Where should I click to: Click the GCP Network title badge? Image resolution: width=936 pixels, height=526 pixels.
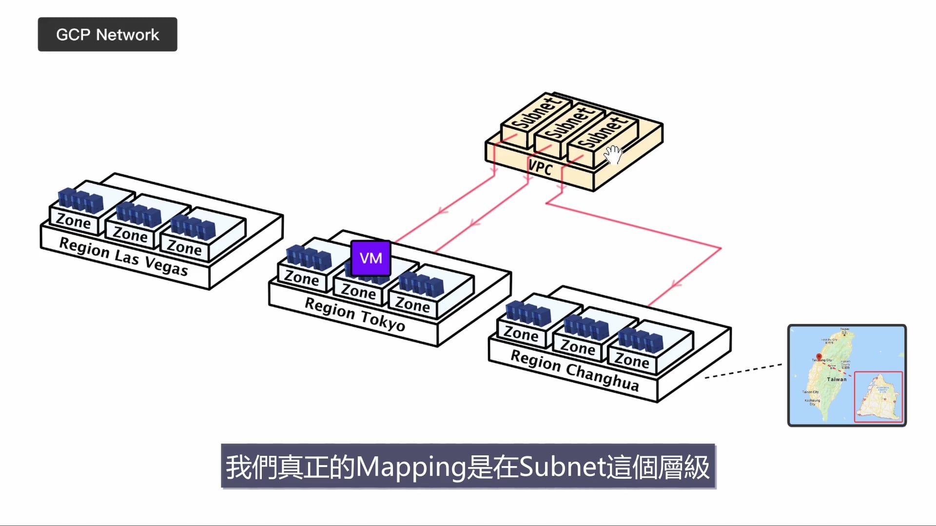point(107,35)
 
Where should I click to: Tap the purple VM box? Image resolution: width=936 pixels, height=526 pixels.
point(370,258)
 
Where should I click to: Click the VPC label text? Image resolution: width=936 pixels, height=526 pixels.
point(541,168)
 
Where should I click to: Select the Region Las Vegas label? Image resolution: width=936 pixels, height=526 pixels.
point(123,256)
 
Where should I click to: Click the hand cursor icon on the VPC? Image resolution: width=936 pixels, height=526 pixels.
point(613,155)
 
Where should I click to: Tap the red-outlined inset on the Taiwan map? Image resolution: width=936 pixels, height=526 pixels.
point(878,396)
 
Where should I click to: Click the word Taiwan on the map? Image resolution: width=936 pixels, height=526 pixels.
point(837,379)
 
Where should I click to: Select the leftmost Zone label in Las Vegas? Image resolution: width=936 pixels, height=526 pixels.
point(73,221)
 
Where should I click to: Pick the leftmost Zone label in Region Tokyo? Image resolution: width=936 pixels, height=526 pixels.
point(301,278)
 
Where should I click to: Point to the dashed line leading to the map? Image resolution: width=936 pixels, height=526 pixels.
point(743,371)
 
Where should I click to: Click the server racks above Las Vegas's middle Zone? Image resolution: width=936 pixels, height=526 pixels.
point(139,215)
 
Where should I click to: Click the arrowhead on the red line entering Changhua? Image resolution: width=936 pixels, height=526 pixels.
point(675,284)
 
